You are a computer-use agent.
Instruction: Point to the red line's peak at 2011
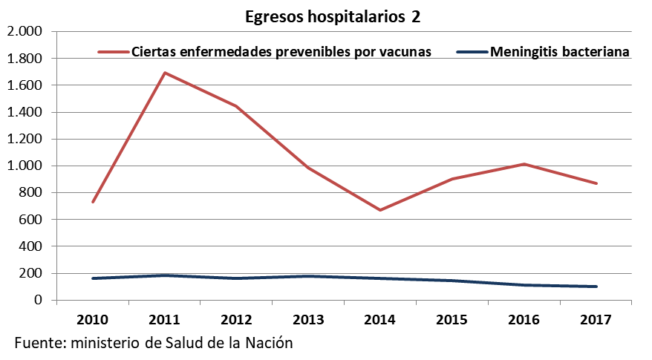point(165,73)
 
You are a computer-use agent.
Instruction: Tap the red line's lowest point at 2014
point(381,210)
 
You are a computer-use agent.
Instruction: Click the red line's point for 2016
point(524,164)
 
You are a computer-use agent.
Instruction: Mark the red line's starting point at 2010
point(93,202)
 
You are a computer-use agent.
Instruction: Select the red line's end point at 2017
point(596,183)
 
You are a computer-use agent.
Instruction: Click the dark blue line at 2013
point(309,276)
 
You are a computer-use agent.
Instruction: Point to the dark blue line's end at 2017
point(596,287)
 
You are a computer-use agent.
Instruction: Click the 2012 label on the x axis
point(237,320)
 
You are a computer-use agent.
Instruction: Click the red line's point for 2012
point(237,106)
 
